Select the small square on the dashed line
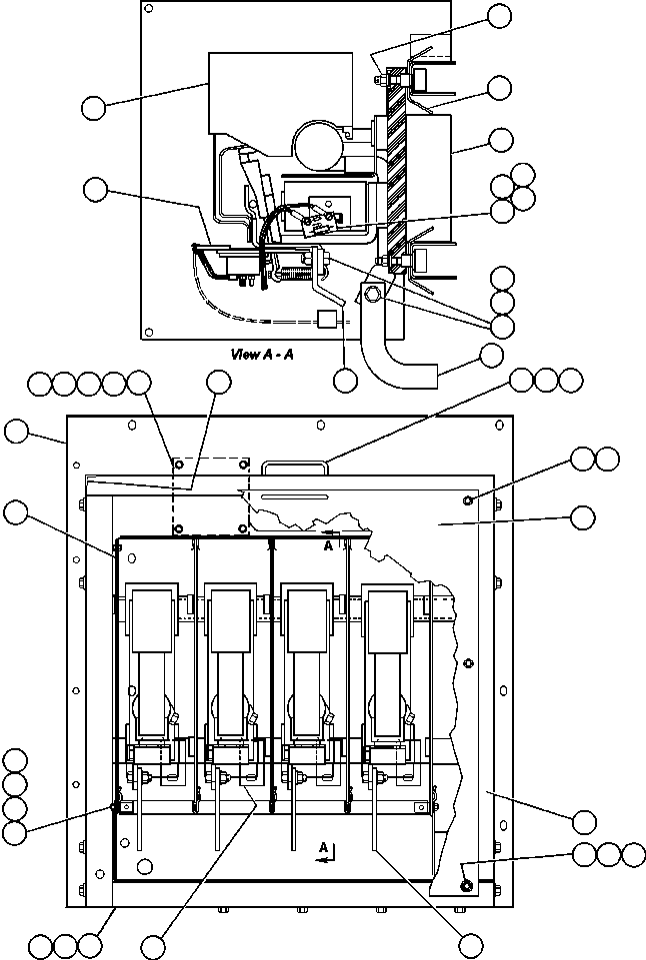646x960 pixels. pyautogui.click(x=325, y=320)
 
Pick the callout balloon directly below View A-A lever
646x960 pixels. pyautogui.click(x=345, y=380)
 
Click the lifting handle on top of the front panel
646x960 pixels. pyautogui.click(x=294, y=467)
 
